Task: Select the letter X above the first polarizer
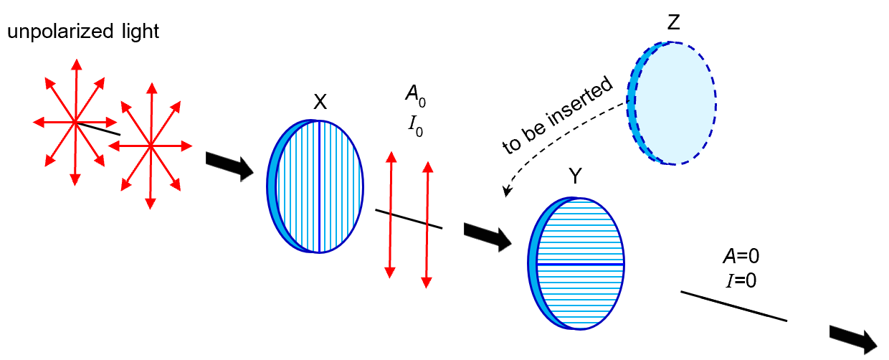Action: (x=320, y=103)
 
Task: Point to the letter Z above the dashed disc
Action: (x=673, y=23)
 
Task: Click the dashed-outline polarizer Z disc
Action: (x=674, y=103)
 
